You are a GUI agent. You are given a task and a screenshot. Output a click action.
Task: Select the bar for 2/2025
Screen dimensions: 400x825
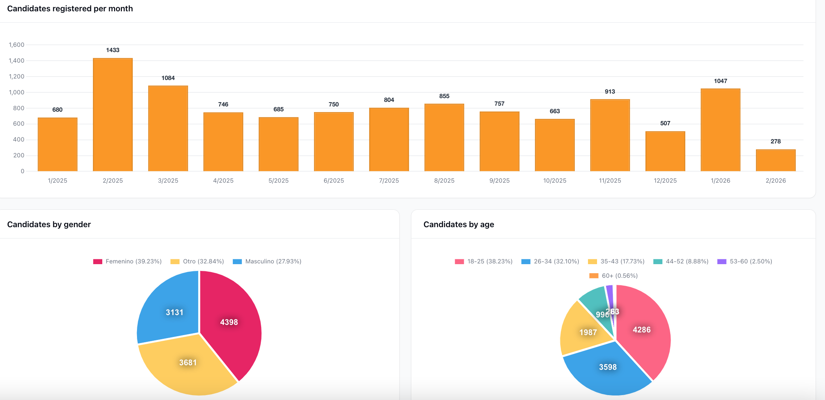[112, 115]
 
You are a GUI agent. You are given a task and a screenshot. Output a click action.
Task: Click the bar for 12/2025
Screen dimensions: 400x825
[665, 152]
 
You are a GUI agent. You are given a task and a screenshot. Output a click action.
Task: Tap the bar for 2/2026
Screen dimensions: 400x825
[776, 161]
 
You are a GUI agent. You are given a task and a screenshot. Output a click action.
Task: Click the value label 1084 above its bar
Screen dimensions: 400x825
[168, 78]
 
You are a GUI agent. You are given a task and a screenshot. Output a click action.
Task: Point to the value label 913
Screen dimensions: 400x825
[610, 92]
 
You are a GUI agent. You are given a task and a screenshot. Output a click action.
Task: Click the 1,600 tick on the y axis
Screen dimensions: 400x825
[17, 45]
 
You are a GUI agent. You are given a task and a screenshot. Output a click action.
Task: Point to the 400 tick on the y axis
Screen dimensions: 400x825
[18, 140]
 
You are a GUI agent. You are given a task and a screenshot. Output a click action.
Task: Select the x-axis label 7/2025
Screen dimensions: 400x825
[389, 181]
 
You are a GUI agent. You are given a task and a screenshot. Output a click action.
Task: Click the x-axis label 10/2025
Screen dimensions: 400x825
[554, 181]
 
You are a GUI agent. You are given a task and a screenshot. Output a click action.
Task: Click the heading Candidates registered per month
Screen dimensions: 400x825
[70, 9]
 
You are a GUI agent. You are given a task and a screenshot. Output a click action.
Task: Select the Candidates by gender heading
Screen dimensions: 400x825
[49, 225]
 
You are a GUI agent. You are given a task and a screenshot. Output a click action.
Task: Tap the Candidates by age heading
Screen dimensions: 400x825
[459, 225]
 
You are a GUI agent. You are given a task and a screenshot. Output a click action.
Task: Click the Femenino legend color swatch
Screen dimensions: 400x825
[98, 262]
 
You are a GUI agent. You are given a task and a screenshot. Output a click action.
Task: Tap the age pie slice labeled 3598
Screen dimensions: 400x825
[608, 368]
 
